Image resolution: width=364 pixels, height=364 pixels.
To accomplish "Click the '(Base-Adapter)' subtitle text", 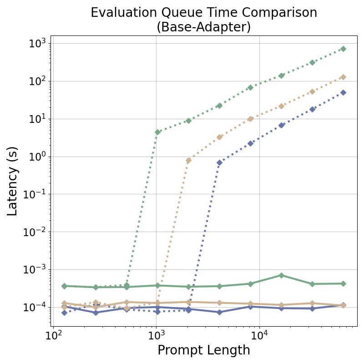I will pyautogui.click(x=203, y=27).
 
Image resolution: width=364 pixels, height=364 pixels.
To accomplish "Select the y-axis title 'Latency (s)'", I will pyautogui.click(x=12, y=181).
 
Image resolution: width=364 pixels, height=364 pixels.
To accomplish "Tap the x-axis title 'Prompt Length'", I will pyautogui.click(x=203, y=350).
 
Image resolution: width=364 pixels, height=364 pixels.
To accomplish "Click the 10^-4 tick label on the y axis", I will pyautogui.click(x=35, y=307).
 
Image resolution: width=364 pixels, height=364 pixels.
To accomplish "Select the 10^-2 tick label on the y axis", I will pyautogui.click(x=35, y=232).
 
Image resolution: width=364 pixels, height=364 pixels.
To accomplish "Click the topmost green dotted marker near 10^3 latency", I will pyautogui.click(x=343, y=49).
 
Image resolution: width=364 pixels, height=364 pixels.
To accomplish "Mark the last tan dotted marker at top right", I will pyautogui.click(x=343, y=77).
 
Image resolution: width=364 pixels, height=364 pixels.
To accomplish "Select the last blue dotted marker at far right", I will pyautogui.click(x=343, y=92).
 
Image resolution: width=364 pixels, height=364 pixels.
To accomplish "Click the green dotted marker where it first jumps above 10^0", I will pyautogui.click(x=157, y=132).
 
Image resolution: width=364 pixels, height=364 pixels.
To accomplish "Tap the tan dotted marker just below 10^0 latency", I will pyautogui.click(x=188, y=161).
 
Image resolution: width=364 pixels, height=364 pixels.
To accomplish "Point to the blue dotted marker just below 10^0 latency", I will pyautogui.click(x=219, y=162).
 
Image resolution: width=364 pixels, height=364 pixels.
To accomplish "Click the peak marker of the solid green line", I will pyautogui.click(x=281, y=275).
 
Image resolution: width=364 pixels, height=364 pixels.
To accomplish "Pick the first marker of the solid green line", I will pyautogui.click(x=64, y=286).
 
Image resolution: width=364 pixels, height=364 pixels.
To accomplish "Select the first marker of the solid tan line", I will pyautogui.click(x=64, y=303).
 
